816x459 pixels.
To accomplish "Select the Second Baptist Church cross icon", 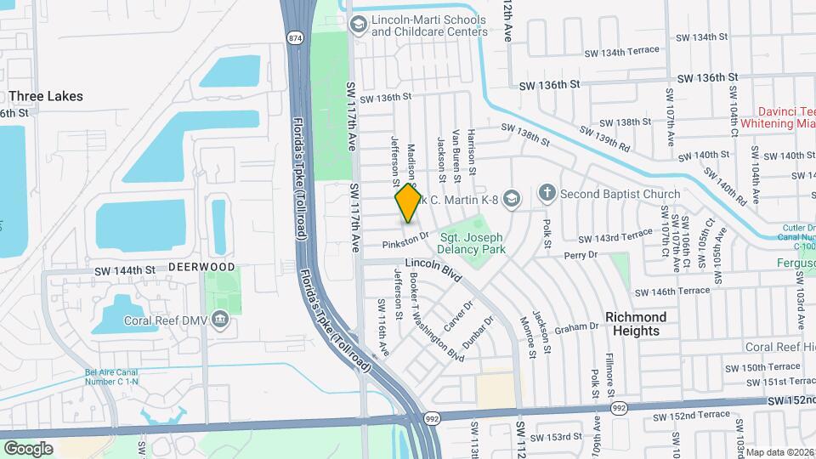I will click(x=547, y=194).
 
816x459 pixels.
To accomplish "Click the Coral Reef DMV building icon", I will click(x=221, y=320).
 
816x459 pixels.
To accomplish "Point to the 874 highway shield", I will click(x=295, y=38).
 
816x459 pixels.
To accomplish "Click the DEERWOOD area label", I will click(x=201, y=267).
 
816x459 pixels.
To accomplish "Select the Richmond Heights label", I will click(x=636, y=324).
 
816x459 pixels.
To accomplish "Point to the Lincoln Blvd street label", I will click(x=433, y=272).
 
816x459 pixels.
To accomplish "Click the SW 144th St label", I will click(x=126, y=270).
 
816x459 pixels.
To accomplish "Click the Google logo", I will click(x=28, y=448).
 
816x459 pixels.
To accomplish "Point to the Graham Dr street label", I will click(x=577, y=328).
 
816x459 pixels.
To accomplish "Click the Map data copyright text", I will click(x=780, y=452).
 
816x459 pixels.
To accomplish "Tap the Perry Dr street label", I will click(x=582, y=254).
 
